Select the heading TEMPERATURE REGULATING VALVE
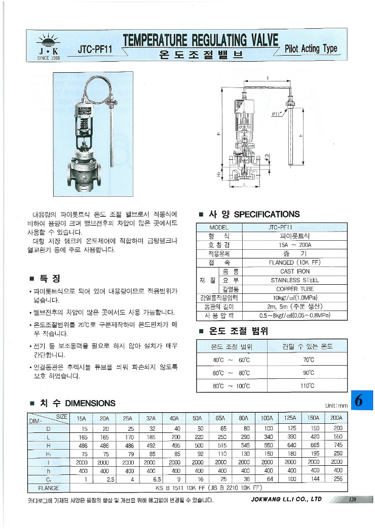201,40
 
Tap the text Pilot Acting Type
311,49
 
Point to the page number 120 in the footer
352,500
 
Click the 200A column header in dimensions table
337,418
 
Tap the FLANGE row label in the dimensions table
49,488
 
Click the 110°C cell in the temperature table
308,385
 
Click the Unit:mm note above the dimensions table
336,406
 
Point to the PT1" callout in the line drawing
277,114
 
